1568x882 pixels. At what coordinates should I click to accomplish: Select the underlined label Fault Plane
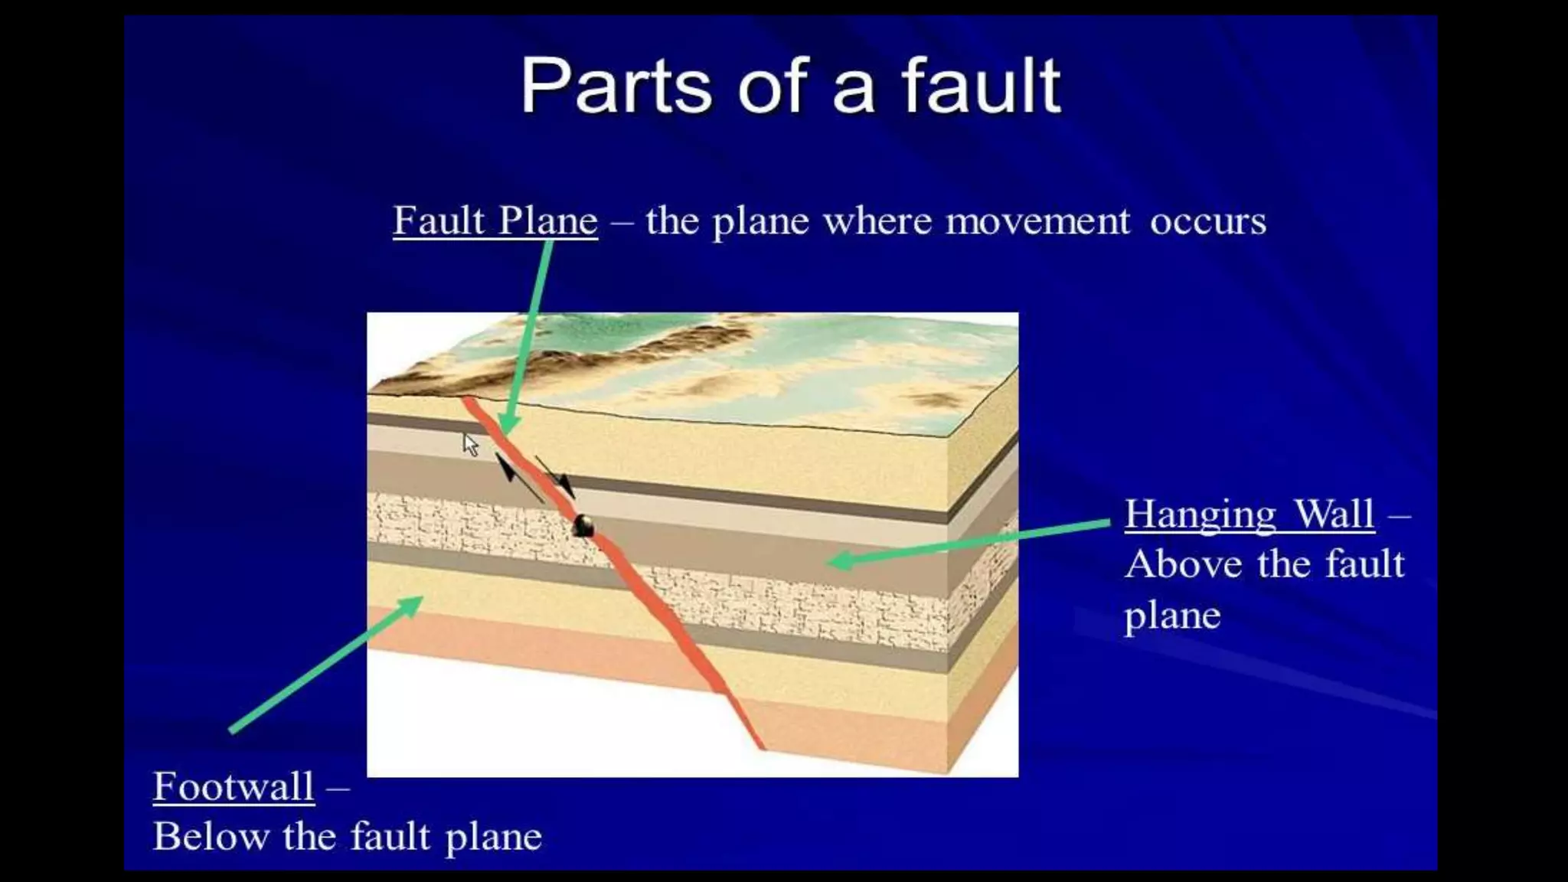[x=495, y=221]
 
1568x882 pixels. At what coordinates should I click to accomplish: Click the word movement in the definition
[x=1037, y=221]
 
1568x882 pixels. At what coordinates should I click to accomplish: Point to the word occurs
[x=1207, y=221]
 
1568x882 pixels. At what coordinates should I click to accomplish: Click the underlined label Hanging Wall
[x=1249, y=514]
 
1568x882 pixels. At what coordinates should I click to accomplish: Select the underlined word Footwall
[x=234, y=786]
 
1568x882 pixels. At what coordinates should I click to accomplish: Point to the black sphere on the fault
[x=584, y=525]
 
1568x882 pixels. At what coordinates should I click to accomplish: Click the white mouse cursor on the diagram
[x=470, y=444]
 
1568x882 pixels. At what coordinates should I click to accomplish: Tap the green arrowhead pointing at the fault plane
[x=508, y=423]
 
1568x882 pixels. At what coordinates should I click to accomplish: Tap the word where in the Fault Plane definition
[x=877, y=221]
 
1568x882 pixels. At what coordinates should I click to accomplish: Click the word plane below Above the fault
[x=1172, y=616]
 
